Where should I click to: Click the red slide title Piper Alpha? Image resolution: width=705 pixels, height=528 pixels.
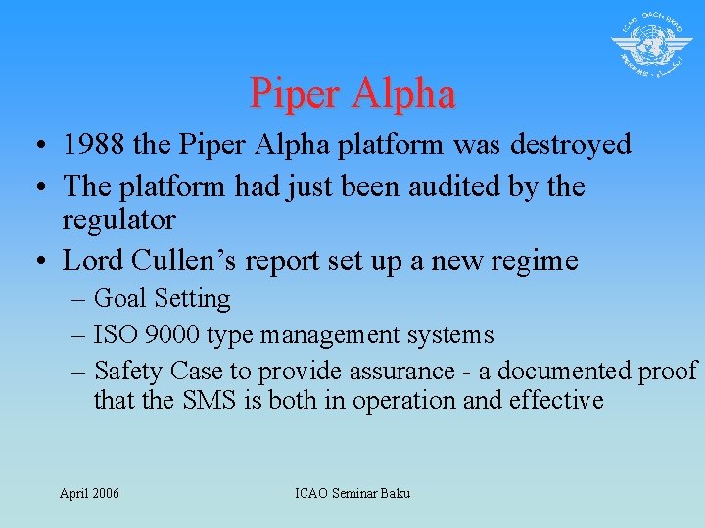pos(352,94)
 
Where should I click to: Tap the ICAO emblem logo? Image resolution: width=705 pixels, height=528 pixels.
pos(651,45)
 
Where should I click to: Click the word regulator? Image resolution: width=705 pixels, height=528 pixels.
pos(118,219)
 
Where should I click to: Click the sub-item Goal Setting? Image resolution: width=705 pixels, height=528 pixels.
pos(163,299)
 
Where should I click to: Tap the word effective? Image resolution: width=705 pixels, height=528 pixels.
pos(556,401)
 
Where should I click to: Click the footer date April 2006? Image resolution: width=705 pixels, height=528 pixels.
pos(89,493)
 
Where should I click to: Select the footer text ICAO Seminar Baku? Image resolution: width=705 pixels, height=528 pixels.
pos(352,493)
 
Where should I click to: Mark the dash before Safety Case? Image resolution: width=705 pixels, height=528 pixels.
pos(79,373)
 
